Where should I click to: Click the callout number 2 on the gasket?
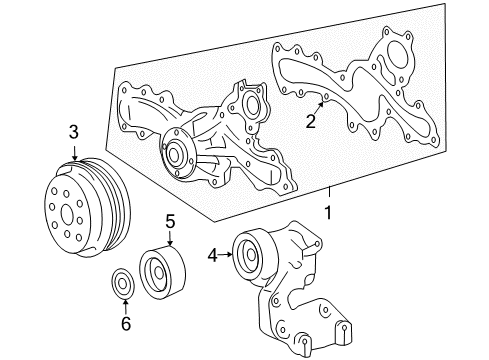311,121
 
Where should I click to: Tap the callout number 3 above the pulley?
73,132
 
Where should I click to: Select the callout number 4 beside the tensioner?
211,255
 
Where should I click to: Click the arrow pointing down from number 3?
73,152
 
